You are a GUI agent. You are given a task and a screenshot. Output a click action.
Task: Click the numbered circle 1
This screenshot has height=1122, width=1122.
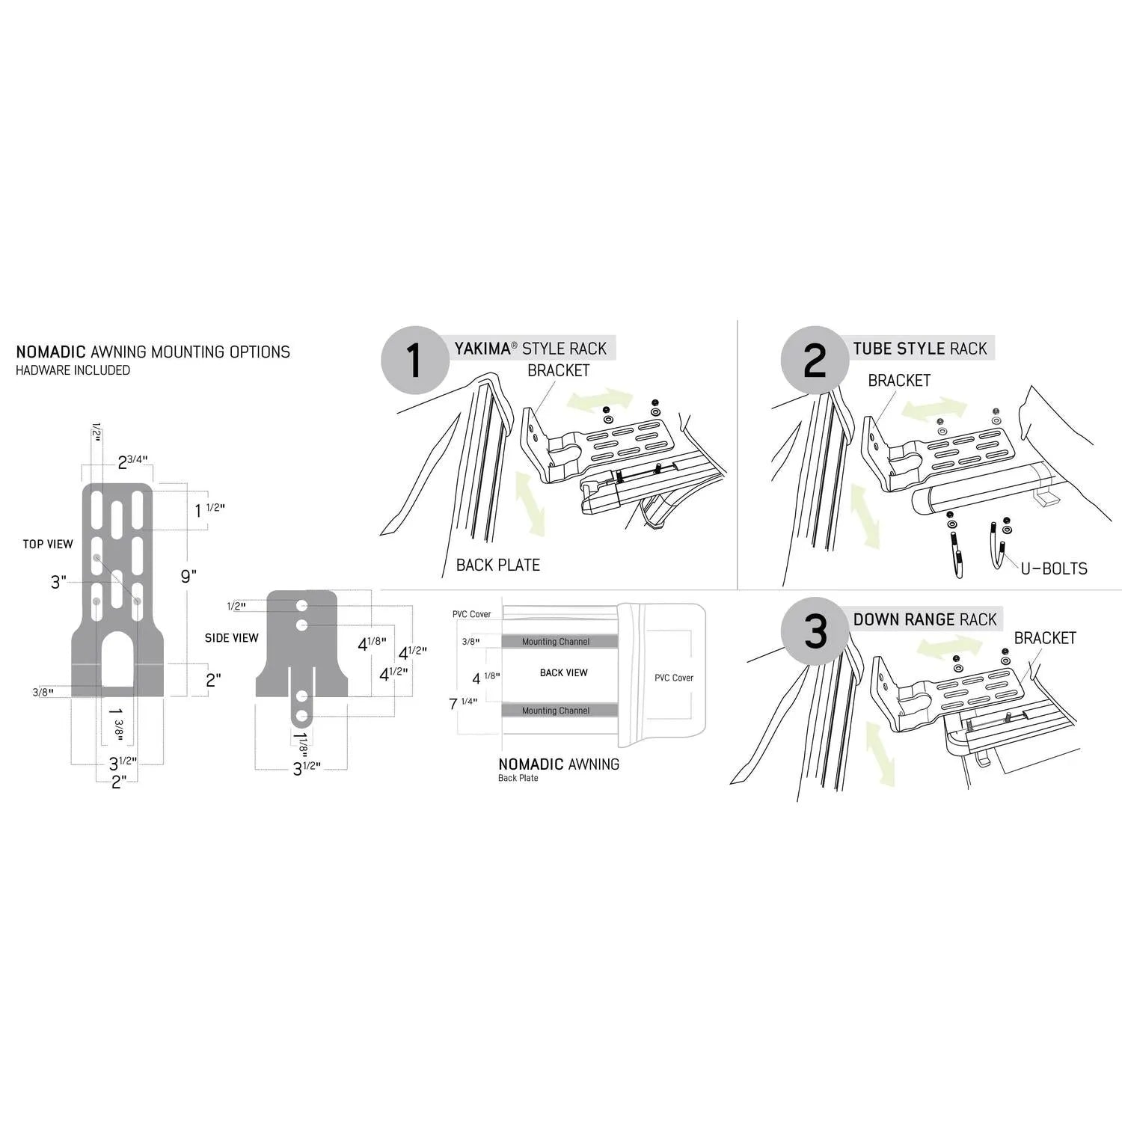click(415, 361)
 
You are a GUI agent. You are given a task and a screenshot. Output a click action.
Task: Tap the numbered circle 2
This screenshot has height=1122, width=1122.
click(815, 361)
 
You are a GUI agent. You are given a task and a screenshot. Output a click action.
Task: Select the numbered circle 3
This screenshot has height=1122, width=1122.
click(815, 631)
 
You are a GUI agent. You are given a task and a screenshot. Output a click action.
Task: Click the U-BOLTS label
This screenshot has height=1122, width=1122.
click(1054, 568)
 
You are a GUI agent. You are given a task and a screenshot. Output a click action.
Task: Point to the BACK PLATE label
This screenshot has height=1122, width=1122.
click(498, 565)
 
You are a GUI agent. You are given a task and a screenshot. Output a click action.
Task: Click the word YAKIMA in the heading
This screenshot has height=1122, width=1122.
click(482, 349)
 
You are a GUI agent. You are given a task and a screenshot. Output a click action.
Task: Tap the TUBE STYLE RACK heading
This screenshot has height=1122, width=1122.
click(920, 349)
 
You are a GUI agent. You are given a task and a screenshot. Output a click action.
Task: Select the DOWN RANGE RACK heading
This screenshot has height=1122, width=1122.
click(925, 619)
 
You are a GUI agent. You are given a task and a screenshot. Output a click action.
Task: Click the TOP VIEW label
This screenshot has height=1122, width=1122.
click(48, 544)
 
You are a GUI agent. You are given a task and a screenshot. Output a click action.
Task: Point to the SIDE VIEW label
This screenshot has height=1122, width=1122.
click(232, 638)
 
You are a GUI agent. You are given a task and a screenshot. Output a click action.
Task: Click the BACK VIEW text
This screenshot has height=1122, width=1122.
click(564, 672)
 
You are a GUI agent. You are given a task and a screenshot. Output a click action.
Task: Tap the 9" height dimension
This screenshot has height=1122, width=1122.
click(188, 576)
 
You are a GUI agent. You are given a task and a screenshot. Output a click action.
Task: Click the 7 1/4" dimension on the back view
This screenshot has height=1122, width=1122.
click(463, 703)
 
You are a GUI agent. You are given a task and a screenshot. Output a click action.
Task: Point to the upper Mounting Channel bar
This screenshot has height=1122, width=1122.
click(560, 641)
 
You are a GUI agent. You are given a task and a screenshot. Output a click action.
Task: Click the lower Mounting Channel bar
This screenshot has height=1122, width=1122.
click(560, 711)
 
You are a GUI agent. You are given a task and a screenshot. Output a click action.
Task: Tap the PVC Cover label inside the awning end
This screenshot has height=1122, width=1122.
click(674, 678)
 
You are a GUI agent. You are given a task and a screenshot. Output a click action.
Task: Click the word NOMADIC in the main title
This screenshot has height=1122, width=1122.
click(51, 352)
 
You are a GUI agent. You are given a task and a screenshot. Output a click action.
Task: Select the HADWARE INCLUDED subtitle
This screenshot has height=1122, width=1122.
click(73, 370)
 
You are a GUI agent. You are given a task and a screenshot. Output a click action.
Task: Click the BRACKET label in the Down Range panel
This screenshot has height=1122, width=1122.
click(1045, 638)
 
